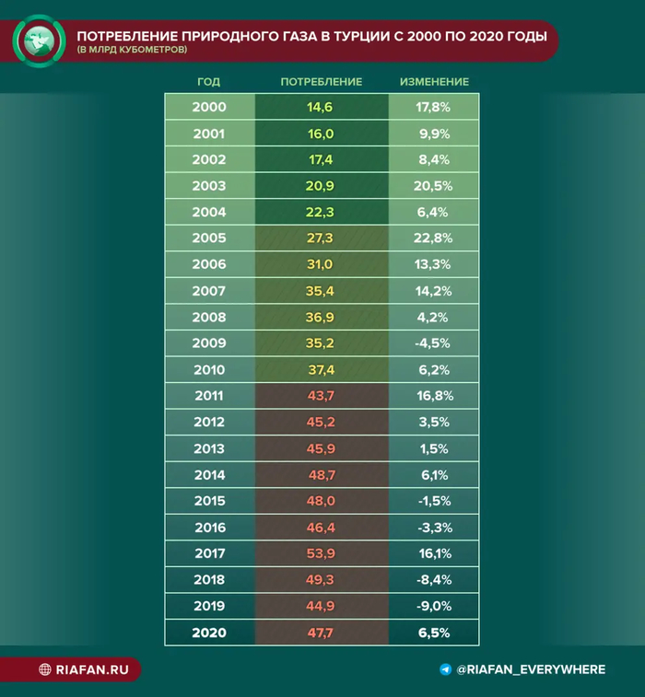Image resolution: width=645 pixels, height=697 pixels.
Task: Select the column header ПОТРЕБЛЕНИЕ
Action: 321,82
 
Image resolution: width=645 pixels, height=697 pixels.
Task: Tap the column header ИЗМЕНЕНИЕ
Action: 434,82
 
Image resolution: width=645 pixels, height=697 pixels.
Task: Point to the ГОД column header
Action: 209,82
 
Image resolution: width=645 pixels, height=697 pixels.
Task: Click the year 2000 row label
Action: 209,107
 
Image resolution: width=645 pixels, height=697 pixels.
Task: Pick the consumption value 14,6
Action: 321,107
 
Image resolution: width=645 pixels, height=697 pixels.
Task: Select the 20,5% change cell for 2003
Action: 434,186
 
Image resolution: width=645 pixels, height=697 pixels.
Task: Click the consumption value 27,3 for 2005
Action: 321,238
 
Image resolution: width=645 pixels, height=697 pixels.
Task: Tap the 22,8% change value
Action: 434,238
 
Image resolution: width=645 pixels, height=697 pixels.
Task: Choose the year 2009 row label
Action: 209,343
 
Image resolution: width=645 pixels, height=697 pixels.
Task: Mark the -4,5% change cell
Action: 434,343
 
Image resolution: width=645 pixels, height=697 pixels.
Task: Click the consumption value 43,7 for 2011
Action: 321,396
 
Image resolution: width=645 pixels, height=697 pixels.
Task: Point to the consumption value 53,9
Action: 321,554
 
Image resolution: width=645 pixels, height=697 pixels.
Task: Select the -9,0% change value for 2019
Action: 434,607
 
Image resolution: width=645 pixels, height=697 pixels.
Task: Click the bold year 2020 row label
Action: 209,633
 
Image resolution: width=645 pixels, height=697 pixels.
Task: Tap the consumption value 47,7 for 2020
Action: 321,633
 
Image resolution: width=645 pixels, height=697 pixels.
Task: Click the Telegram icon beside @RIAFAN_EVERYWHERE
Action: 446,669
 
